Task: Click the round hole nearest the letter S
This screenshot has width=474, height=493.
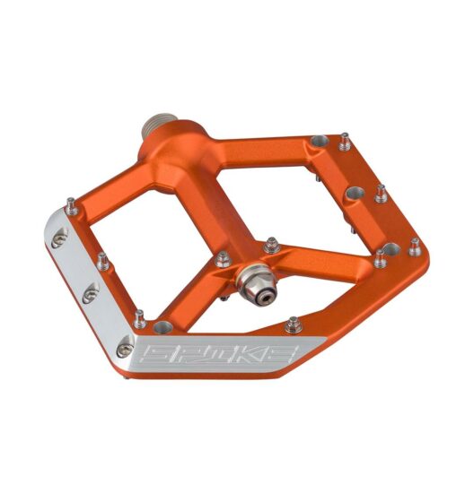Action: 163,325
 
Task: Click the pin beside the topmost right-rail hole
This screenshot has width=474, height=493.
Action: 345,141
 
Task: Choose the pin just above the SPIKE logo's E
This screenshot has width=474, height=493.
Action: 293,324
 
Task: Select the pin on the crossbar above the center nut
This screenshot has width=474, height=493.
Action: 270,244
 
